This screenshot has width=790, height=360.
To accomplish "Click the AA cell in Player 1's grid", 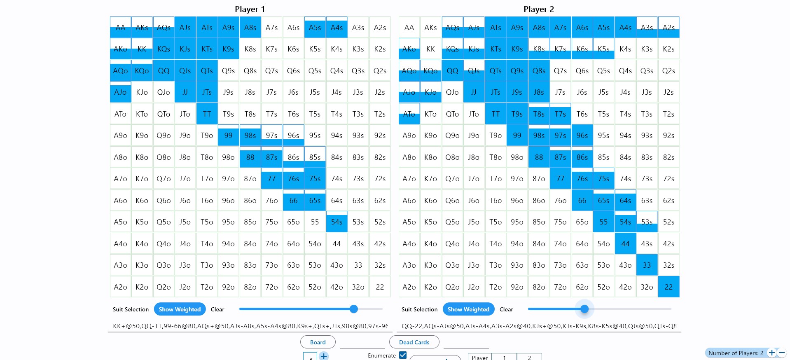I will tap(120, 28).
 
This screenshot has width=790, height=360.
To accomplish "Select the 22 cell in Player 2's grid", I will tap(668, 287).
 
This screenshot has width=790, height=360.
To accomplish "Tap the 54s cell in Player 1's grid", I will tap(337, 222).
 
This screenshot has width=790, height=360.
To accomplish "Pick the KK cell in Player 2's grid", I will tap(430, 49).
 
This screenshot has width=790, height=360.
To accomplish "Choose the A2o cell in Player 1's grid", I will tap(120, 287).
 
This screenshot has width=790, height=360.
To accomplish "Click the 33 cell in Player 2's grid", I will tap(647, 265).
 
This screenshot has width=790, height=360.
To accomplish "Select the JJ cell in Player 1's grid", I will tap(185, 92).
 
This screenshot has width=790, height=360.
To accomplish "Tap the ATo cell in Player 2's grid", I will tap(409, 114).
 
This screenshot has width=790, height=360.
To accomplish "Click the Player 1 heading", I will tap(250, 9).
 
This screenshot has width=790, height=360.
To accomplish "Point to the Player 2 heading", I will tap(538, 9).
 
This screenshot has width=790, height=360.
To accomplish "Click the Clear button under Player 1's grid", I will tap(217, 309).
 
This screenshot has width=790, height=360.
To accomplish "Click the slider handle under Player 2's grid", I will tap(584, 309).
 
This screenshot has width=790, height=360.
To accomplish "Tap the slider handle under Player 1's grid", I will tap(353, 309).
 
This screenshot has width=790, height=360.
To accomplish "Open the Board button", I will tap(318, 342).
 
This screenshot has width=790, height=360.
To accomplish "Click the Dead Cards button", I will tap(414, 342).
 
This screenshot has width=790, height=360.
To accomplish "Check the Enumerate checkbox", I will tap(403, 355).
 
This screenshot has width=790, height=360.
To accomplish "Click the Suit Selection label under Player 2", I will tap(419, 309).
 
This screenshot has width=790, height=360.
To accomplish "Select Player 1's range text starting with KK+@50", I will tap(250, 326).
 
